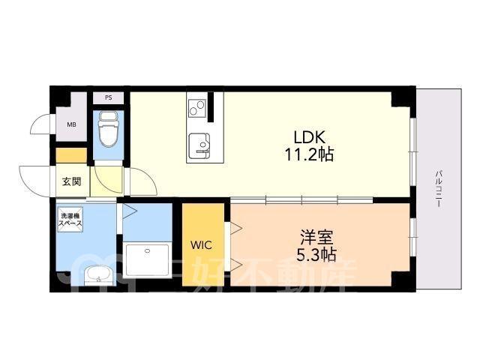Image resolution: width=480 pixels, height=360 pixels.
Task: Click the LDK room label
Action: (309, 138)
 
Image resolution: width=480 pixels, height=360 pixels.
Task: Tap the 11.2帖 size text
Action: (309, 154)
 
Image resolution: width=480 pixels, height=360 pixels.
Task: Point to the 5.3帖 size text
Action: (316, 255)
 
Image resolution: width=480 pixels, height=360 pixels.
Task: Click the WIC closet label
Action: (201, 245)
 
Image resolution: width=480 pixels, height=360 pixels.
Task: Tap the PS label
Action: (108, 98)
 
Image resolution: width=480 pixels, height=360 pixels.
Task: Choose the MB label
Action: (72, 124)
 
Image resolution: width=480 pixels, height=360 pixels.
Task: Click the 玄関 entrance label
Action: (72, 181)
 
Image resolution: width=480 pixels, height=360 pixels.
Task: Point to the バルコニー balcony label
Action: (438, 190)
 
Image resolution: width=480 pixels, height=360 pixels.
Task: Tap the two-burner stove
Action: (196, 108)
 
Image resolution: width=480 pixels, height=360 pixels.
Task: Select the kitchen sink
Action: (199, 145)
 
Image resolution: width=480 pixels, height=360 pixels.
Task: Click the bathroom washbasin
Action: (98, 275)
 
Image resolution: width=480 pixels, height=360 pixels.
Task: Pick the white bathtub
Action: (148, 259)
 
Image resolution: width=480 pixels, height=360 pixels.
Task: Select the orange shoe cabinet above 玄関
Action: (72, 155)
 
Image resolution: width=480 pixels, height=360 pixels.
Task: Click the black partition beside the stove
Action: (210, 106)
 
